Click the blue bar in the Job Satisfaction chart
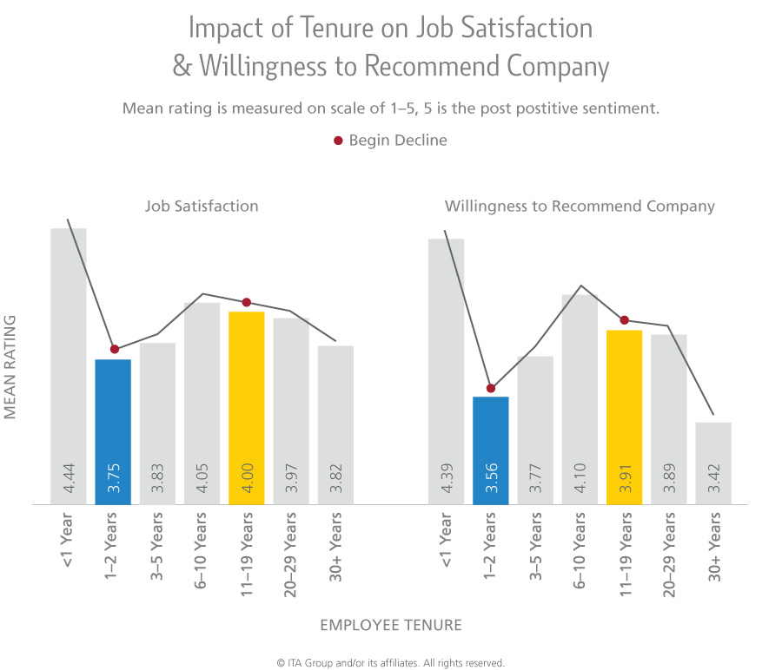click(113, 431)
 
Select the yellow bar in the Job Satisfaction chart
click(247, 408)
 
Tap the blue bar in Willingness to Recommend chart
click(490, 450)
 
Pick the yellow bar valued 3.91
click(624, 417)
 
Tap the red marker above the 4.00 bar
click(247, 302)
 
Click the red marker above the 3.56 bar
click(491, 388)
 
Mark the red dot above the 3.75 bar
click(114, 349)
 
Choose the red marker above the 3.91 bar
click(624, 320)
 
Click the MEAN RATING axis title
click(11, 368)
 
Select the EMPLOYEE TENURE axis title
click(391, 625)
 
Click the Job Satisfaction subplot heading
click(202, 207)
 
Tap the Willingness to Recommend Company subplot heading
click(580, 207)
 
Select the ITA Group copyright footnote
click(391, 662)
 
